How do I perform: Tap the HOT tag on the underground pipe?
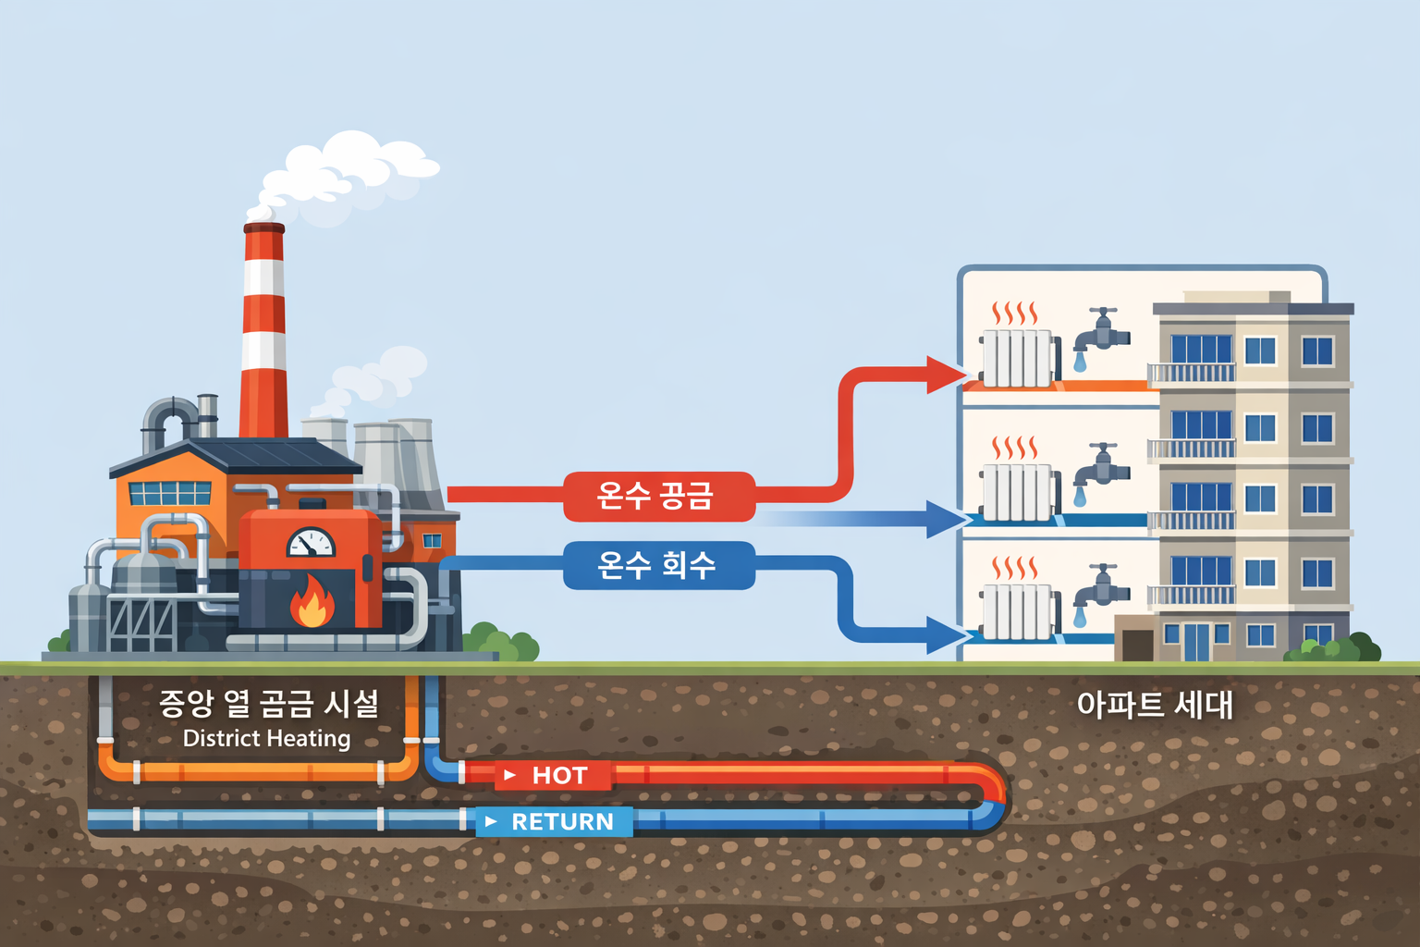[554, 775]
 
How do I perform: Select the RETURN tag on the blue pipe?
[555, 821]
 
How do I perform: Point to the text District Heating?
[267, 738]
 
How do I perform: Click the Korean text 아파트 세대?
[1155, 705]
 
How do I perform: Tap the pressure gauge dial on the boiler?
[312, 543]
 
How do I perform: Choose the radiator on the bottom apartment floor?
[1018, 612]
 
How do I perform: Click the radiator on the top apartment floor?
[1018, 358]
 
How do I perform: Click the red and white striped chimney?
[263, 333]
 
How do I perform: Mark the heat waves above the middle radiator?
[1014, 448]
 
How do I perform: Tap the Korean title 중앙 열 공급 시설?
[268, 704]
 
